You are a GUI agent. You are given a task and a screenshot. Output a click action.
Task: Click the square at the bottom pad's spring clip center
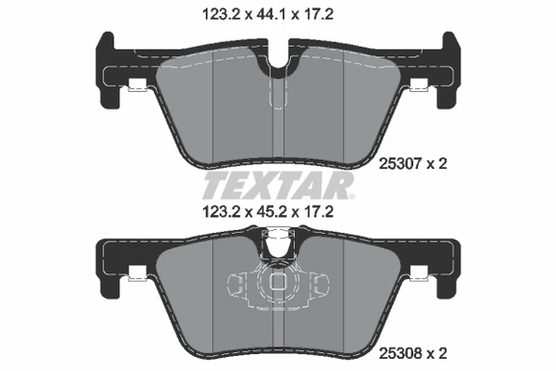click(278, 281)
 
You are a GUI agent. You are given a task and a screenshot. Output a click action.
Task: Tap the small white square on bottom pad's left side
click(136, 277)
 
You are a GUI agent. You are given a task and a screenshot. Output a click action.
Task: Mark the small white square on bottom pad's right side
click(421, 277)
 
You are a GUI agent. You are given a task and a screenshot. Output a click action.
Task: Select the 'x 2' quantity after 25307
click(435, 162)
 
